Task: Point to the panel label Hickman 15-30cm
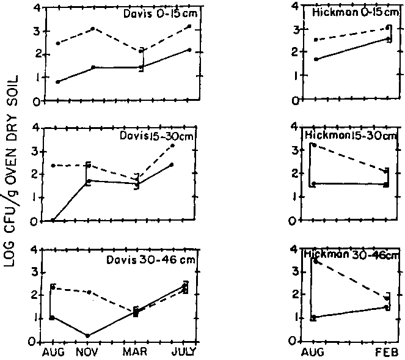[349, 134]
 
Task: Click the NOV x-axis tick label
[89, 353]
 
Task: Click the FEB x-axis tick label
[387, 353]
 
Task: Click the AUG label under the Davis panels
[52, 353]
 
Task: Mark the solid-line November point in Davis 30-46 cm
[88, 336]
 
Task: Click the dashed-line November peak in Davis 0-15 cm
[93, 29]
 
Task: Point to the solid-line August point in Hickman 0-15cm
[315, 59]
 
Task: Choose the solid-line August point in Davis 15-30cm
[53, 220]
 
